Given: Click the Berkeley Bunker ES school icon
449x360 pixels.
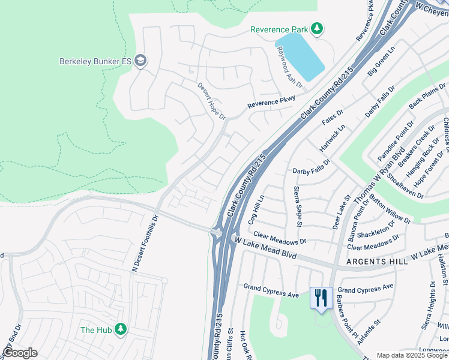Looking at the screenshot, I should click(x=140, y=61).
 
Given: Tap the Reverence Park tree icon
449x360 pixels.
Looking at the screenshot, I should click(x=316, y=29).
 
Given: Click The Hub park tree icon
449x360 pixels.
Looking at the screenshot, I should click(x=121, y=329).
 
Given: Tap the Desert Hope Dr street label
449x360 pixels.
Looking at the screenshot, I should click(x=211, y=100).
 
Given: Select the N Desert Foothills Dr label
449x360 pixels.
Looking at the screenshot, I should click(x=145, y=243).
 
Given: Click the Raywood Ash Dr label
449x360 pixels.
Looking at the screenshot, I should click(x=288, y=67).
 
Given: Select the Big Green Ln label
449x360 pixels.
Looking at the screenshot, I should click(x=382, y=62).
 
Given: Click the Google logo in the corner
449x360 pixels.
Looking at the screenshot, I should click(x=20, y=352).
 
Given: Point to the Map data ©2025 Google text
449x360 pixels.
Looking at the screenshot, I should click(x=411, y=355).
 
